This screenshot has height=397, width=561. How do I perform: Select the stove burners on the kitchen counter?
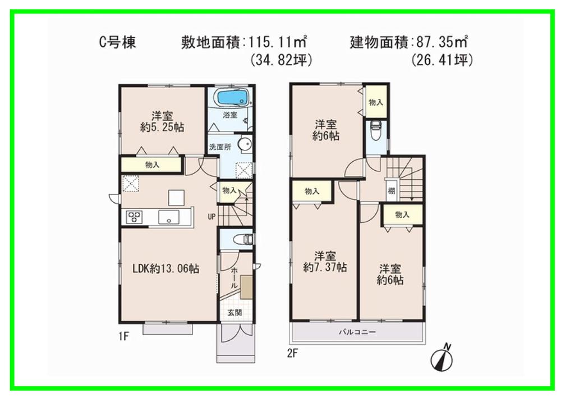click(x=134, y=217)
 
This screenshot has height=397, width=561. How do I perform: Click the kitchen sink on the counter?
click(x=168, y=217)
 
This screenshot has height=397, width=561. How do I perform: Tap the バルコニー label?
click(x=357, y=332)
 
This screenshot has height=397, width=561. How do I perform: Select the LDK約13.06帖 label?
click(x=165, y=269)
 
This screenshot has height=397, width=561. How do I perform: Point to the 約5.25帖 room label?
click(x=161, y=122)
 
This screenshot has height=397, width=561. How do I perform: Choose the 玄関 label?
click(x=234, y=313)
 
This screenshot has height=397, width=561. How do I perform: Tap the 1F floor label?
click(x=124, y=336)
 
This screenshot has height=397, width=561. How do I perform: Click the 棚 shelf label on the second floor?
click(x=390, y=190)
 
